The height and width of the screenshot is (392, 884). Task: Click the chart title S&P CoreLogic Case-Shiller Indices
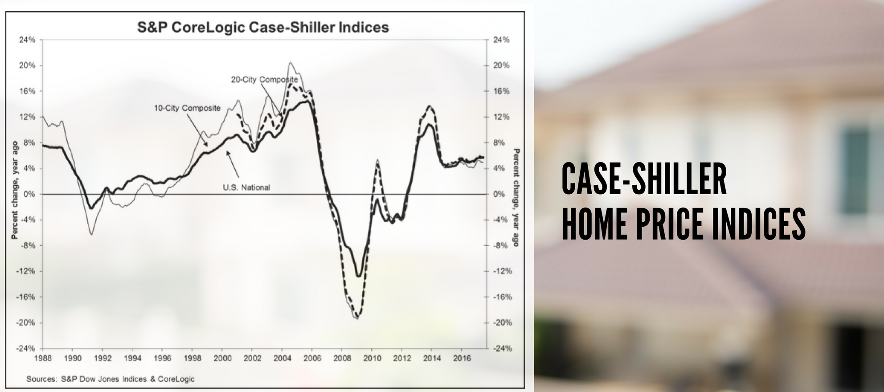click(x=263, y=28)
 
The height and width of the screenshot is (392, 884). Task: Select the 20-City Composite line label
click(x=264, y=80)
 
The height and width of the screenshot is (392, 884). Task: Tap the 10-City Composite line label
click(x=187, y=108)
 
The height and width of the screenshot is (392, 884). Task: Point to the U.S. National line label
click(x=246, y=188)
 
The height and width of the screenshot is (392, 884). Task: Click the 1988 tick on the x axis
click(x=43, y=358)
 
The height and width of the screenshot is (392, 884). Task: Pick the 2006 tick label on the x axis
click(x=312, y=358)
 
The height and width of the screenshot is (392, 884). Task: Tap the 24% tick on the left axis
click(x=27, y=40)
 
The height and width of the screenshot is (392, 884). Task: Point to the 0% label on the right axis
click(x=499, y=194)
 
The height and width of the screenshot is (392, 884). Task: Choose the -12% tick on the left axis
click(x=26, y=271)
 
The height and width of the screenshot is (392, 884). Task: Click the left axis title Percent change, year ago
click(x=15, y=190)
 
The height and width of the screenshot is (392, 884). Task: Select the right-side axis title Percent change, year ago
click(x=516, y=197)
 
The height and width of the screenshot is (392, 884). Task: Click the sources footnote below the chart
click(x=110, y=379)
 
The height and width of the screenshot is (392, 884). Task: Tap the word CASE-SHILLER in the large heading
click(x=644, y=179)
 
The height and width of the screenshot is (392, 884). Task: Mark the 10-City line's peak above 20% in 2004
click(x=291, y=63)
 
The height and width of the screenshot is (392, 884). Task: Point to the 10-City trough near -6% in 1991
click(x=91, y=234)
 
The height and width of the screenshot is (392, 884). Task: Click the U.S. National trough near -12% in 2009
click(x=358, y=276)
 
